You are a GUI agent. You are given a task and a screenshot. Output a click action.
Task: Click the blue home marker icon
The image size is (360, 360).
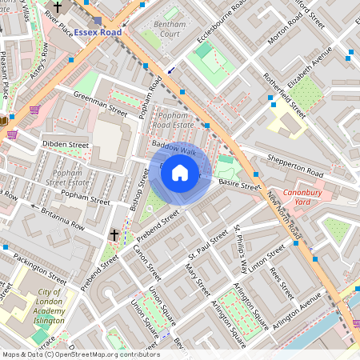coord(180,173)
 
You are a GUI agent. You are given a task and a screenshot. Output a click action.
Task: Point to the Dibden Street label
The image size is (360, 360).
coord(66,145)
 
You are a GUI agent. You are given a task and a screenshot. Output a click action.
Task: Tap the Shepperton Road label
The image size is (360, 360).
coord(295,166)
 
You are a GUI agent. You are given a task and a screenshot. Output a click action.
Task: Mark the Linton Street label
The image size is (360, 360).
coord(266,257)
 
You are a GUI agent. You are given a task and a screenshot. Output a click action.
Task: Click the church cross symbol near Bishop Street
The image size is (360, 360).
coord(114,235)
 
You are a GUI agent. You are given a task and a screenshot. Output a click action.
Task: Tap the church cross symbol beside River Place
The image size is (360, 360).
coord(57,6)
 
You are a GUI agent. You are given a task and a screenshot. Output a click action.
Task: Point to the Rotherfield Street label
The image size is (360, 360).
coord(283,94)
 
